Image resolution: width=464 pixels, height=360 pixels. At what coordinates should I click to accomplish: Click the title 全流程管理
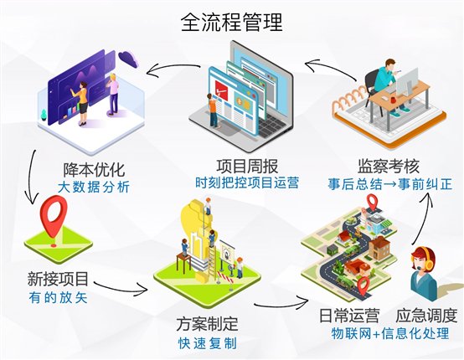click(232, 22)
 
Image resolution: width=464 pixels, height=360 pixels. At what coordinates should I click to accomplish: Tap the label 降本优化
click(94, 169)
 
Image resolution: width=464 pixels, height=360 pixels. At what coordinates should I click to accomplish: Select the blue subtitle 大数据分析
click(94, 187)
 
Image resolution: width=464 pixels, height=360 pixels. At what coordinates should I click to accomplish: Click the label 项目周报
click(247, 166)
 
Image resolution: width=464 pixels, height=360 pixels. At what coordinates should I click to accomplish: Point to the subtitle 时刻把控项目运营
click(247, 183)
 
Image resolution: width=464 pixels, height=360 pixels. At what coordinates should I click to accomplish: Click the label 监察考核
click(389, 166)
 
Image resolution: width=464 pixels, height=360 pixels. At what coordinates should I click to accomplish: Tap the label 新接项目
click(58, 279)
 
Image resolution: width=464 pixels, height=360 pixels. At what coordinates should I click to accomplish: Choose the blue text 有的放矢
click(58, 297)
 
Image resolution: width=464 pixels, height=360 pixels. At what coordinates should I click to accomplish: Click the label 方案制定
click(207, 324)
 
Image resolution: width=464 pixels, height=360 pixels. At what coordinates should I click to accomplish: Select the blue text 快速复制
click(207, 343)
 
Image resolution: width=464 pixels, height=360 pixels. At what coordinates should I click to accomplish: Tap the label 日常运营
click(349, 316)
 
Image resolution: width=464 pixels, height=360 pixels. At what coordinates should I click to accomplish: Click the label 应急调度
click(426, 316)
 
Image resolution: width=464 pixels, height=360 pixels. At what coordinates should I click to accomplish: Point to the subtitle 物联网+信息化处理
click(390, 333)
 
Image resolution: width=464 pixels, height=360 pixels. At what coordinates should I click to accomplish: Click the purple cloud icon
click(128, 59)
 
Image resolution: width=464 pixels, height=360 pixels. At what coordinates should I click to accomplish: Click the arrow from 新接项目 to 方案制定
click(121, 288)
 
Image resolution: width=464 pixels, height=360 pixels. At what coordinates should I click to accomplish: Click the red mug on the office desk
click(393, 99)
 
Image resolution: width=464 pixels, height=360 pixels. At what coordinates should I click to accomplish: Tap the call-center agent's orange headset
click(428, 258)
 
